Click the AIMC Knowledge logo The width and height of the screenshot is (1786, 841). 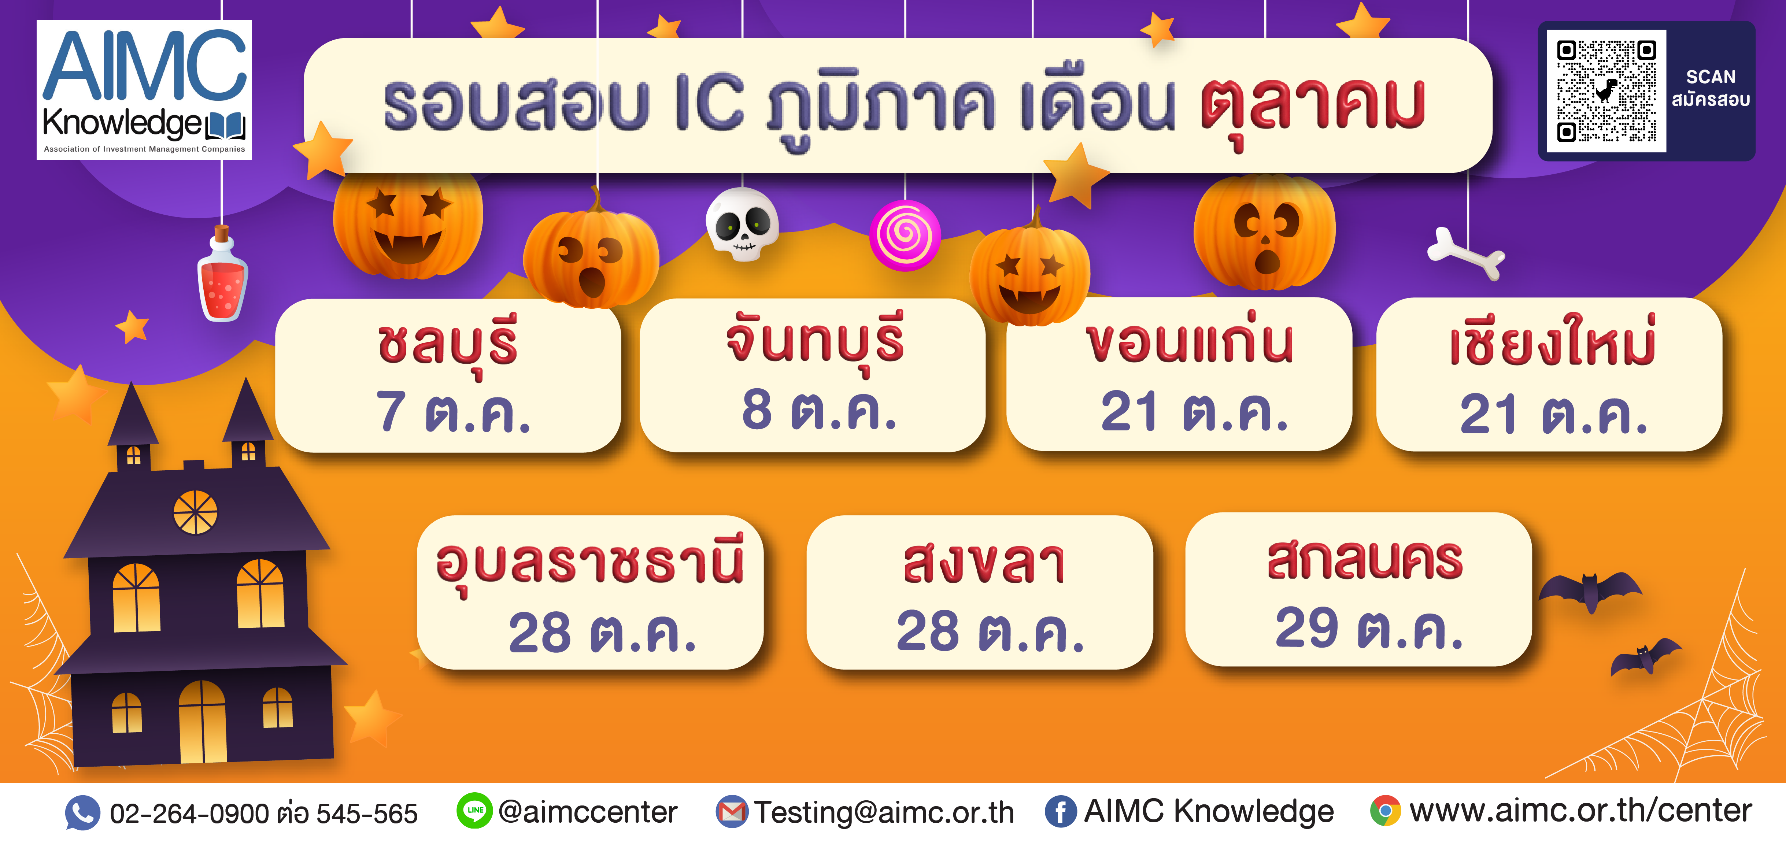pyautogui.click(x=144, y=90)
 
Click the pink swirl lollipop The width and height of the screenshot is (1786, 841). pyautogui.click(x=905, y=235)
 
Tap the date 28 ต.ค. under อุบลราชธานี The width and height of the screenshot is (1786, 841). pyautogui.click(x=602, y=632)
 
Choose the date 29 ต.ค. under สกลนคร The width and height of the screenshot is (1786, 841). pyautogui.click(x=1369, y=628)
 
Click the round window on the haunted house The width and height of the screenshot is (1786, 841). pyautogui.click(x=195, y=512)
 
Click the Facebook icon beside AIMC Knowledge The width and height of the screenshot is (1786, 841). pyautogui.click(x=1061, y=811)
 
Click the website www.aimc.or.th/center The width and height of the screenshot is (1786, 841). pyautogui.click(x=1580, y=811)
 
